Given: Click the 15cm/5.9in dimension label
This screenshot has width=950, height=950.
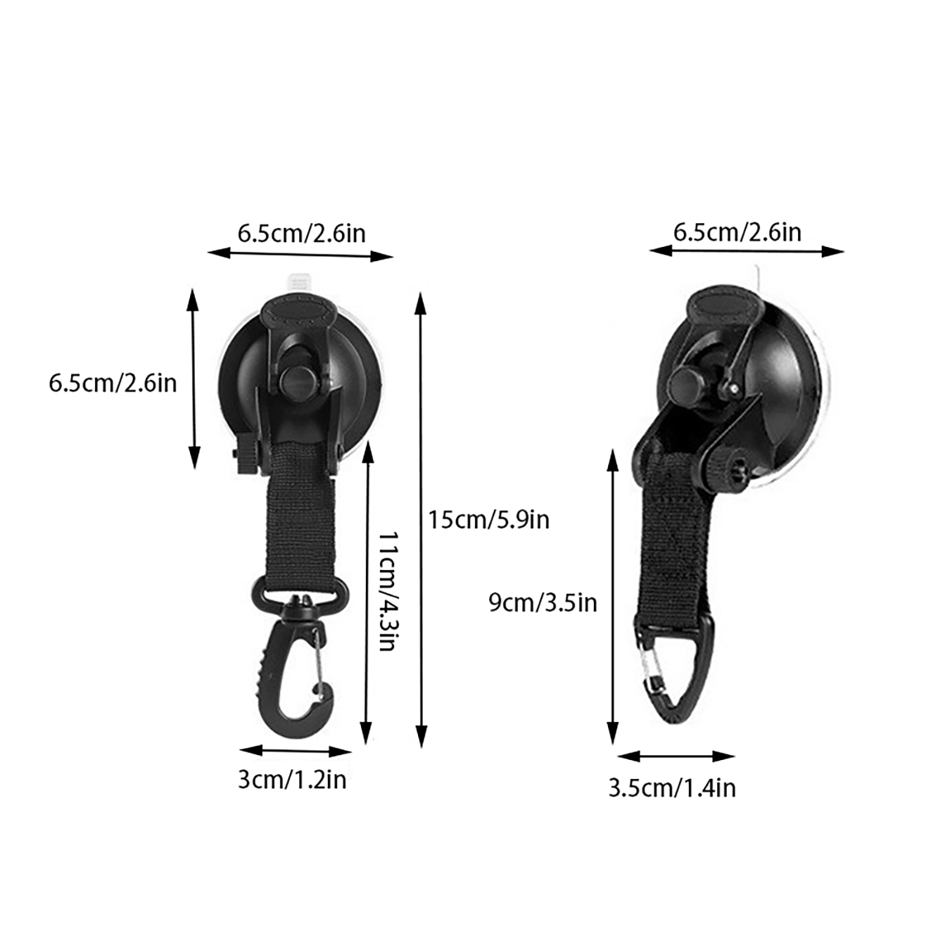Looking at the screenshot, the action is [489, 520].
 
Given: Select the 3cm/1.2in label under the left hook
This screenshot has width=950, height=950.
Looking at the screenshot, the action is [292, 780].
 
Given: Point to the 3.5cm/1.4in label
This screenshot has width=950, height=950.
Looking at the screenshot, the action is [672, 788].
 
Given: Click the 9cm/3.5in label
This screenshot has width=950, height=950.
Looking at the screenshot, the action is [543, 603].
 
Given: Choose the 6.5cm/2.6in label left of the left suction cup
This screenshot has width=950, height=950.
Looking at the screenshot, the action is [113, 383].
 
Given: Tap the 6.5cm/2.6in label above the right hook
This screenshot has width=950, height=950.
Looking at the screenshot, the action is [737, 232].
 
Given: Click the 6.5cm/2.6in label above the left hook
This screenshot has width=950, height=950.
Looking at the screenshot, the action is [302, 233].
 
